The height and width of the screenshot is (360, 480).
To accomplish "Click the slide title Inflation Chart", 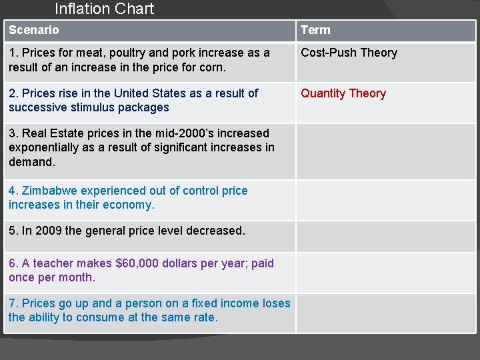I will (104, 9).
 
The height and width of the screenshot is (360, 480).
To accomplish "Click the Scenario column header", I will (33, 30).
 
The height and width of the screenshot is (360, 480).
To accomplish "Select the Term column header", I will (315, 30).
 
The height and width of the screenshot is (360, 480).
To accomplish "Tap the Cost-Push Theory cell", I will (349, 53).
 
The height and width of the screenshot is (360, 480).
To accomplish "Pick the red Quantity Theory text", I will (343, 93).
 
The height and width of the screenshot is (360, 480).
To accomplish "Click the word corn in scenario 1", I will (213, 67).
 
